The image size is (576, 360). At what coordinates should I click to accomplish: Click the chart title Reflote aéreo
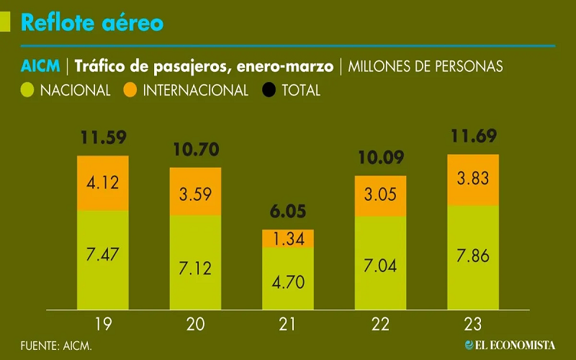[92, 23]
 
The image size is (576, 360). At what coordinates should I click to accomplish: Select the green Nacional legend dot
[28, 91]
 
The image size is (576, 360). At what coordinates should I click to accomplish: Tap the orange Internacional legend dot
[130, 91]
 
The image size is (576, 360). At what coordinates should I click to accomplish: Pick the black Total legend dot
[269, 91]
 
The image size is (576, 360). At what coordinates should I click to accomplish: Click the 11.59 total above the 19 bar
[103, 138]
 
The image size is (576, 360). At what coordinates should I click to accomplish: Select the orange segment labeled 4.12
[103, 183]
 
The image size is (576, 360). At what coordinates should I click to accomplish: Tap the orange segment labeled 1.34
[288, 238]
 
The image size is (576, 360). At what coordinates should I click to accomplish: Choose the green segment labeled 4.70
[288, 279]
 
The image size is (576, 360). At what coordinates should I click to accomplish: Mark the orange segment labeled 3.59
[195, 192]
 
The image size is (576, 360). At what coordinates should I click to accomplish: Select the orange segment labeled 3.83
[472, 180]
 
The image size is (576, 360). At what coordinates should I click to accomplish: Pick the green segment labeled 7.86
[472, 258]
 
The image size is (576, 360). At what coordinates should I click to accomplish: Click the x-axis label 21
[288, 325]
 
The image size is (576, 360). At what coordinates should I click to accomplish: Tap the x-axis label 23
[472, 325]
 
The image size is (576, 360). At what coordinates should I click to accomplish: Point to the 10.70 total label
[195, 150]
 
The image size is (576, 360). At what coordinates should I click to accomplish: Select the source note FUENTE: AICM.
[56, 346]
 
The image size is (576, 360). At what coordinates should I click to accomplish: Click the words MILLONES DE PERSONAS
[426, 67]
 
